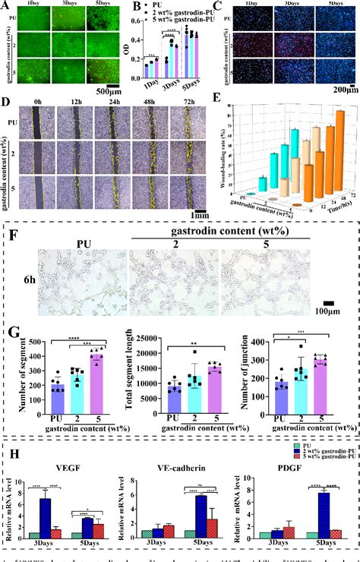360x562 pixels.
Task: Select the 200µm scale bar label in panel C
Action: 339,93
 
